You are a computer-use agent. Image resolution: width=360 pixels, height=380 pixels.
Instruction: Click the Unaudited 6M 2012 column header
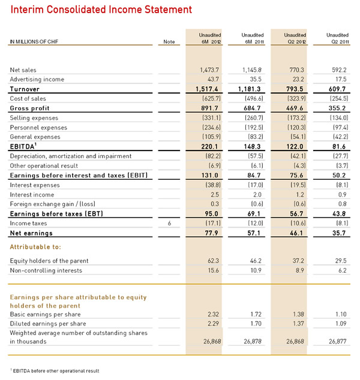pyautogui.click(x=210, y=39)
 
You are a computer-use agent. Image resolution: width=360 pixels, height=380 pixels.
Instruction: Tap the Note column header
pyautogui.click(x=169, y=42)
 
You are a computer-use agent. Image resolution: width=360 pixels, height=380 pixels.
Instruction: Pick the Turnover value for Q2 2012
pyautogui.click(x=295, y=89)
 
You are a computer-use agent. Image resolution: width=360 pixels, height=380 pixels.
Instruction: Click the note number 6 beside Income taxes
pyautogui.click(x=169, y=224)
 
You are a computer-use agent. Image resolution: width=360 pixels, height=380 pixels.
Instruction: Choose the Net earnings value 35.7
pyautogui.click(x=339, y=233)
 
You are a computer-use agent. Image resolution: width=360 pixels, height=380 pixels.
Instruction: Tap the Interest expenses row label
pyautogui.click(x=35, y=185)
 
